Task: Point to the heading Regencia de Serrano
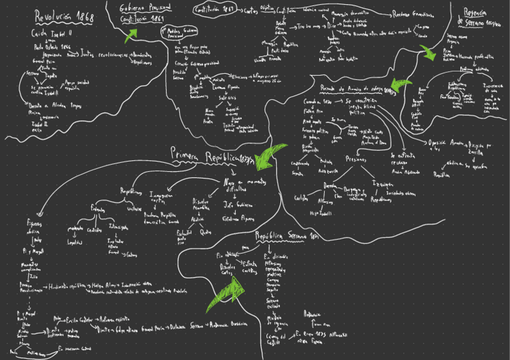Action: coord(478,17)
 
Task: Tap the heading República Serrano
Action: coord(285,236)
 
